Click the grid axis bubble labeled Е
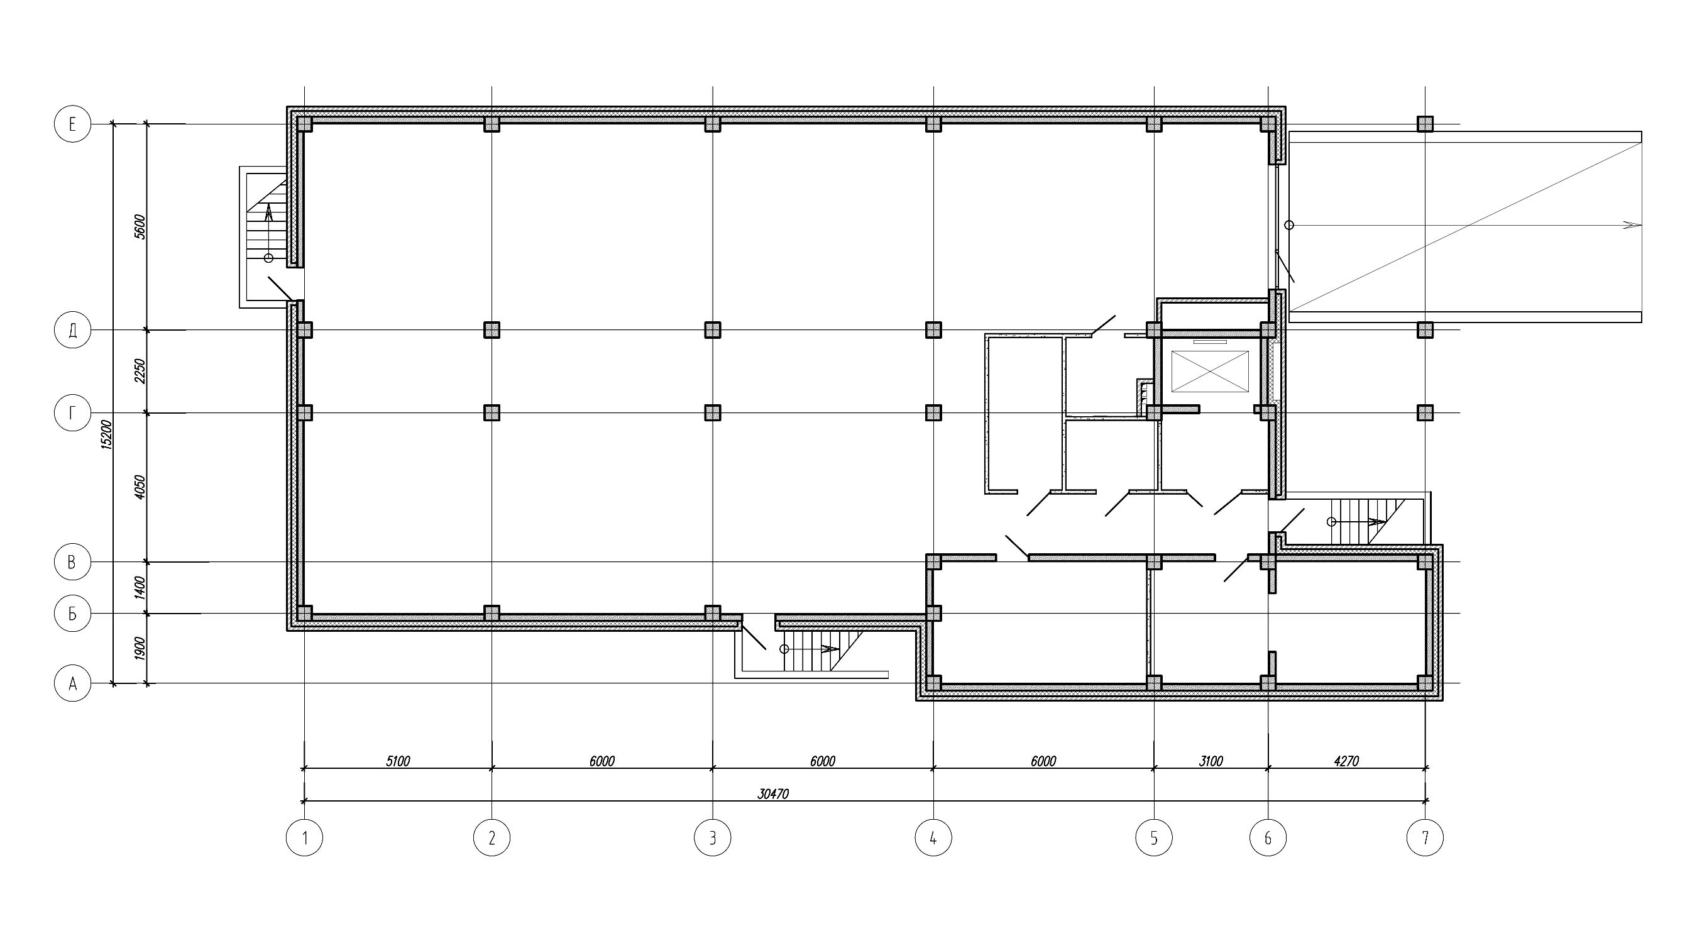[72, 124]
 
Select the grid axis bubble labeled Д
[72, 330]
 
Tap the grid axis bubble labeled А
[72, 683]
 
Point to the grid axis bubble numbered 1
[304, 837]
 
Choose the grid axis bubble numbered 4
[933, 837]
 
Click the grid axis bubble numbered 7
[1425, 837]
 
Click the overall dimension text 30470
[772, 794]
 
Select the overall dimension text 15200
[107, 435]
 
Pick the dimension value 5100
[398, 761]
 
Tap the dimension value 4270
[1346, 761]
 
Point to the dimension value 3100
[1211, 761]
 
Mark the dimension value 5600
[140, 227]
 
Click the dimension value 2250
[140, 371]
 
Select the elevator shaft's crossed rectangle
[1209, 372]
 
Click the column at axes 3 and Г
[712, 412]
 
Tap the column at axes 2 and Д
[492, 329]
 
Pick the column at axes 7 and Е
[1425, 124]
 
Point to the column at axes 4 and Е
[933, 124]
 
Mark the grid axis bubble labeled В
[72, 561]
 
